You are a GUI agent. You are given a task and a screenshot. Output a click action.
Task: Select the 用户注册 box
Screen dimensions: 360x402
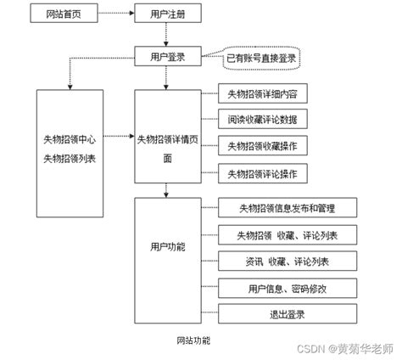coord(166,14)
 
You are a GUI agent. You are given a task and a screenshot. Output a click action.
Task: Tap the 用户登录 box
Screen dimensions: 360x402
coord(166,57)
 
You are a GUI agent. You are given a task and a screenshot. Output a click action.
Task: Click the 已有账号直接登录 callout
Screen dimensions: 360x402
coord(260,58)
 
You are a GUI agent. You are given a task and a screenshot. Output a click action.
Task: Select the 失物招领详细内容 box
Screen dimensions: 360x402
coord(261,93)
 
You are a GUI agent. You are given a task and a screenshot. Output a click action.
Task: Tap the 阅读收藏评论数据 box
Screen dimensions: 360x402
coord(261,120)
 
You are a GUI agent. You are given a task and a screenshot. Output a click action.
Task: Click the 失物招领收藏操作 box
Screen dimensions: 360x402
coord(261,147)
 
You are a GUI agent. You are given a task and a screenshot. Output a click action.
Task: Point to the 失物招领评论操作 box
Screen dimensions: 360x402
coord(261,175)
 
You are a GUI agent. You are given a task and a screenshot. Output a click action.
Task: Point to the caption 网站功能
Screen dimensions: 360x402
coord(193,340)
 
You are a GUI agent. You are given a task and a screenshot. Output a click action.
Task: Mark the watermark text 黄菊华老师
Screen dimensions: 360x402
coord(366,347)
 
